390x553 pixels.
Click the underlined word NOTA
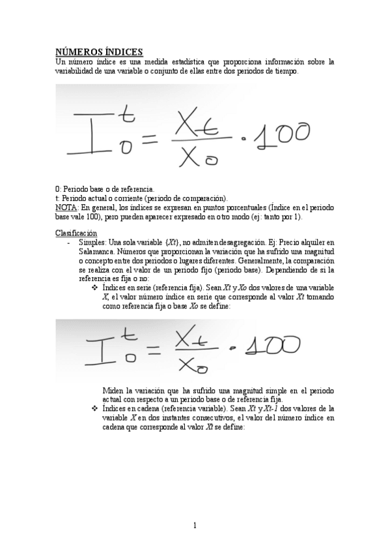66,207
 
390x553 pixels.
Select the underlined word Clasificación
76,233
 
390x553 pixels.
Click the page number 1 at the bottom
195,525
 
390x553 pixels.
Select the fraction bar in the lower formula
199,350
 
